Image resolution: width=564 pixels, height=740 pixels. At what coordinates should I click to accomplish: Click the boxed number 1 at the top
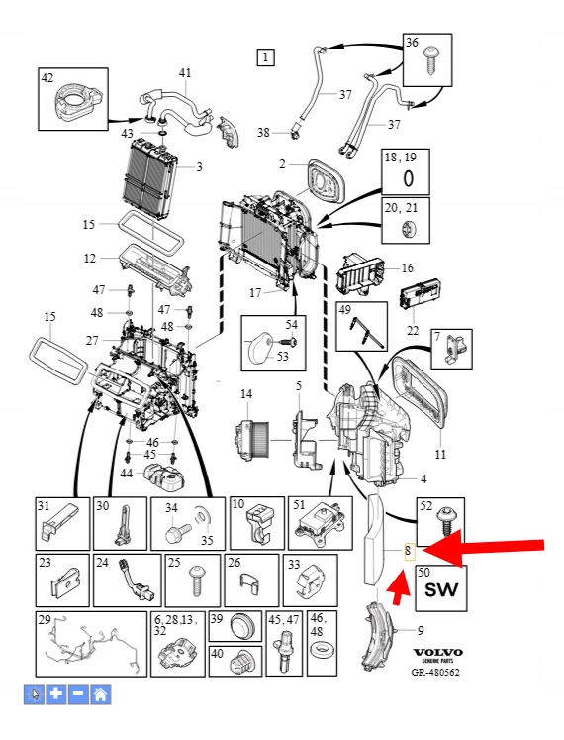click(x=265, y=57)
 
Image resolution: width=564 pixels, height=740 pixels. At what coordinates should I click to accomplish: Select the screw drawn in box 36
click(x=431, y=59)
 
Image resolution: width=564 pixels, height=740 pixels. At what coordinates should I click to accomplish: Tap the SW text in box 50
click(x=441, y=590)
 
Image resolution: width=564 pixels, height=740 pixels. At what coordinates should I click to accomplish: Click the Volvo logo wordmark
click(x=438, y=653)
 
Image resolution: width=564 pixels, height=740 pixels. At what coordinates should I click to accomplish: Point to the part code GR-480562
click(x=435, y=672)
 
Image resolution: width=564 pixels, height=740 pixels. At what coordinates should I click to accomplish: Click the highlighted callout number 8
click(x=409, y=550)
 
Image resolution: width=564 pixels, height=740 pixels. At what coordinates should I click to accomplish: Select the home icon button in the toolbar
click(x=101, y=694)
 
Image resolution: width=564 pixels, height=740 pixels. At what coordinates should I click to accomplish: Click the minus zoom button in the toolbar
click(x=78, y=694)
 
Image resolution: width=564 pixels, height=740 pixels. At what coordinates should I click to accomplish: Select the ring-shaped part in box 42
click(x=76, y=100)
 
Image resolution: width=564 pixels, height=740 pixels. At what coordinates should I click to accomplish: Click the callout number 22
click(x=413, y=330)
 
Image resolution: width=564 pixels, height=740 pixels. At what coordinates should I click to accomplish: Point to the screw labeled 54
click(x=286, y=341)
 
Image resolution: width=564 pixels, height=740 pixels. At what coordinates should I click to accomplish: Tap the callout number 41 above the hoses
click(x=185, y=73)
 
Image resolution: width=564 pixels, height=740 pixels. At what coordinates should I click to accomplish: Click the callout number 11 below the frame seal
click(x=440, y=454)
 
